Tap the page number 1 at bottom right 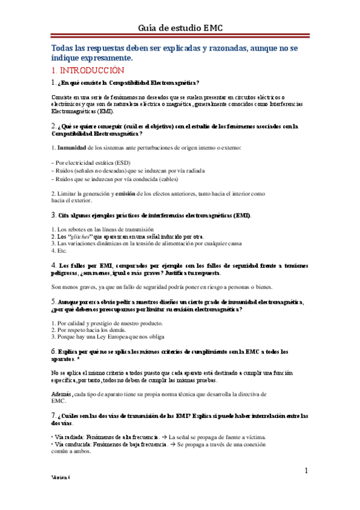click(307, 470)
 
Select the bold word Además click(62, 376)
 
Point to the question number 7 click(53, 414)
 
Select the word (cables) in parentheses click(155, 179)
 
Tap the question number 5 click(53, 301)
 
